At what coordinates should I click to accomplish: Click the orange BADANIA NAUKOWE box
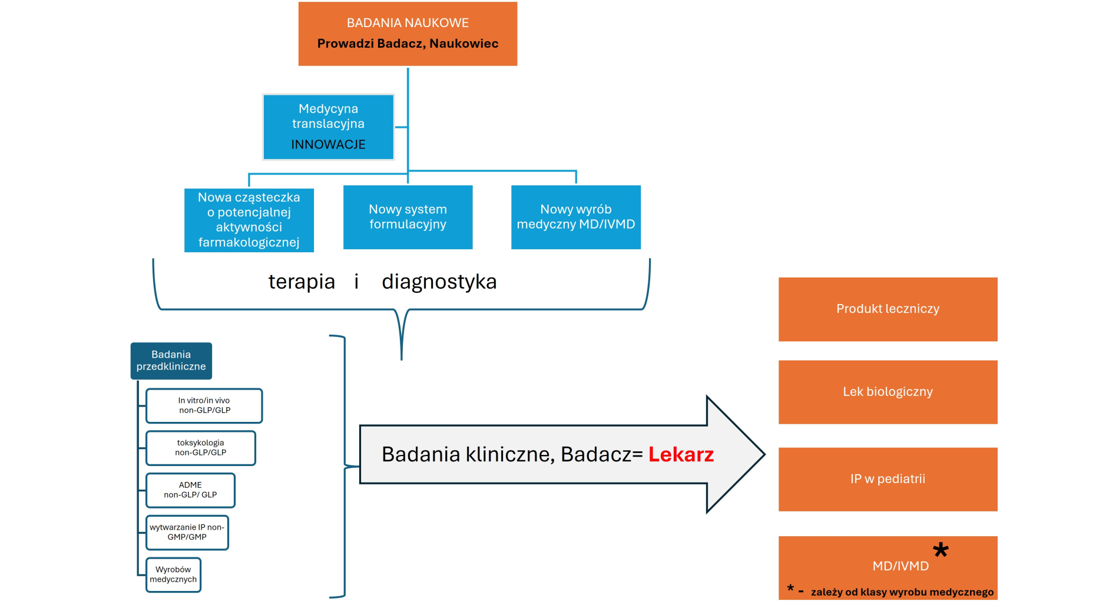click(x=408, y=34)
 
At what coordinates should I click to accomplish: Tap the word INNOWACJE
click(x=328, y=145)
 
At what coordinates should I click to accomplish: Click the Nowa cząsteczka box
click(x=249, y=220)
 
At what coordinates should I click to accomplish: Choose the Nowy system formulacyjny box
click(x=408, y=217)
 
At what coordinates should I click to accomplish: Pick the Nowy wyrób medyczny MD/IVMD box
click(x=575, y=217)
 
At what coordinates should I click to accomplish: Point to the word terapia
click(x=302, y=282)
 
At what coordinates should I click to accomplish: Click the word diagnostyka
click(x=439, y=282)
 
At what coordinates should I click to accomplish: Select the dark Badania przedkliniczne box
click(x=171, y=361)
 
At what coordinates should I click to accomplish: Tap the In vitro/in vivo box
click(x=204, y=405)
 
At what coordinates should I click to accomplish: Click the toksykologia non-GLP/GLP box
click(x=200, y=448)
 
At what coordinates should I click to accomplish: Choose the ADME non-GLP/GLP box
click(x=190, y=490)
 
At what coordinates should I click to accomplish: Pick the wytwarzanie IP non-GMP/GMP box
click(x=187, y=533)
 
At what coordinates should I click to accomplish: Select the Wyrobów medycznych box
click(x=173, y=574)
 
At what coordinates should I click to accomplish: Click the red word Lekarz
click(x=681, y=454)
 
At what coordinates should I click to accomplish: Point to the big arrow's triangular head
click(x=733, y=454)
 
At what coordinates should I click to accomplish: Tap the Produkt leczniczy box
click(x=888, y=309)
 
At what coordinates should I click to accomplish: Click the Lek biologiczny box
click(x=888, y=392)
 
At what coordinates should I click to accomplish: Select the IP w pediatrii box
click(x=888, y=479)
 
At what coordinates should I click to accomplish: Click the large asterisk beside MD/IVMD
click(x=941, y=550)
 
